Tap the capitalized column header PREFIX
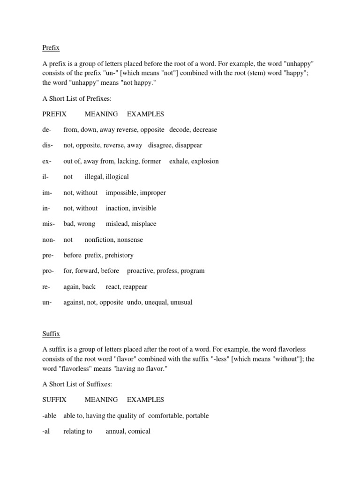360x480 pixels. pyautogui.click(x=54, y=114)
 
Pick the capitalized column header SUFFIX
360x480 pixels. pyautogui.click(x=54, y=400)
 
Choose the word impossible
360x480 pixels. pyautogui.click(x=121, y=193)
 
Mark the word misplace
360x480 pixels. pyautogui.click(x=143, y=224)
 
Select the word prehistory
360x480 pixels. pyautogui.click(x=117, y=255)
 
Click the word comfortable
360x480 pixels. pyautogui.click(x=167, y=416)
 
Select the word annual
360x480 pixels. pyautogui.click(x=115, y=431)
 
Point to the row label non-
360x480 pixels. pyautogui.click(x=49, y=240)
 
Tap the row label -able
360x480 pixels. pyautogui.click(x=50, y=416)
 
